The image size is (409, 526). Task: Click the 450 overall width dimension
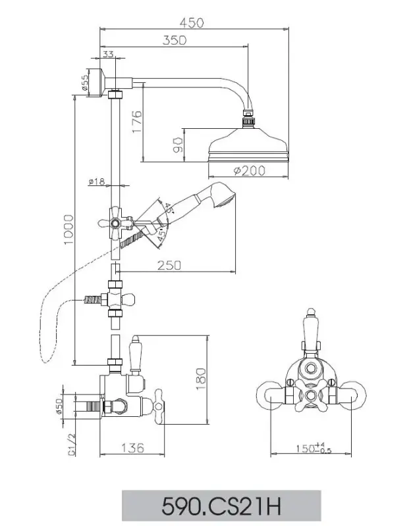coord(192,22)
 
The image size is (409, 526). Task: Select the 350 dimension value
coord(174,39)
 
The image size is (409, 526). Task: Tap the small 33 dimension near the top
coord(108,55)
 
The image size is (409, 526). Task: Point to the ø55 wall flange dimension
coord(86,83)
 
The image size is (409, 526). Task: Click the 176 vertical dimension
coord(136,122)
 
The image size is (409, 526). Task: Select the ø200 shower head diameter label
coord(248,171)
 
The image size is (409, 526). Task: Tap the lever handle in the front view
coord(310,335)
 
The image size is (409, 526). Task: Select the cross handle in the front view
coord(310,396)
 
